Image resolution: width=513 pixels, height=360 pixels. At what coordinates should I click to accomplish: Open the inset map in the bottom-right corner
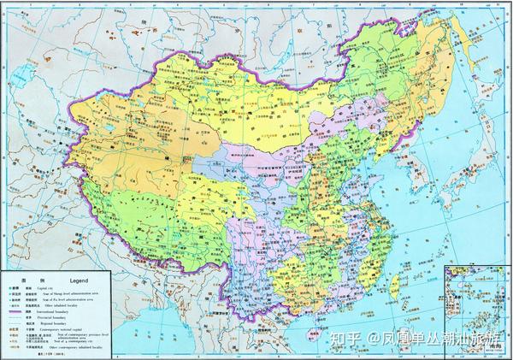479,299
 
